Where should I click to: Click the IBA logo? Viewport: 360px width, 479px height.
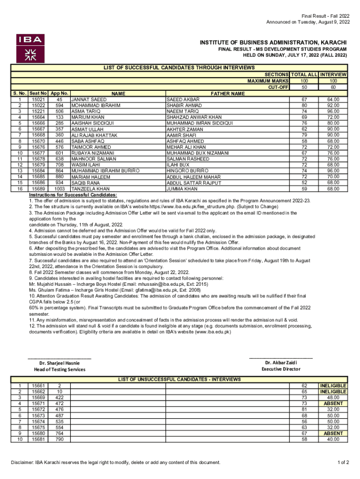(x=30, y=48)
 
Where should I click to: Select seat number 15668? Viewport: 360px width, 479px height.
(x=38, y=135)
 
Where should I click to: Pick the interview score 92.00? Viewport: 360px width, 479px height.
(x=333, y=106)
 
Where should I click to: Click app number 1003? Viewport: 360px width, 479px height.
(x=59, y=189)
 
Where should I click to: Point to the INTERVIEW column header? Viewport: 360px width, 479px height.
(x=333, y=75)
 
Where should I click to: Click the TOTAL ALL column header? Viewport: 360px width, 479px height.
(x=304, y=75)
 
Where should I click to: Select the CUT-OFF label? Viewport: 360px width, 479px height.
(x=277, y=87)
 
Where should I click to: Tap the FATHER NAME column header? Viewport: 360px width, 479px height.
(x=228, y=94)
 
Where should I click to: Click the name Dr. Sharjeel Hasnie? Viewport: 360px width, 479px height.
(x=59, y=363)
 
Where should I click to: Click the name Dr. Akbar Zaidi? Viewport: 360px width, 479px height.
(x=281, y=363)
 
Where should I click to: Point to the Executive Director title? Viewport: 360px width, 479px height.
(x=281, y=369)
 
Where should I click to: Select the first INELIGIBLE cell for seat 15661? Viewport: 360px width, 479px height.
(x=333, y=385)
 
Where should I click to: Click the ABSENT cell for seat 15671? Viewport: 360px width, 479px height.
(x=333, y=403)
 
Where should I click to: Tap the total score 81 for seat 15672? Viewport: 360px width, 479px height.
(x=304, y=409)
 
